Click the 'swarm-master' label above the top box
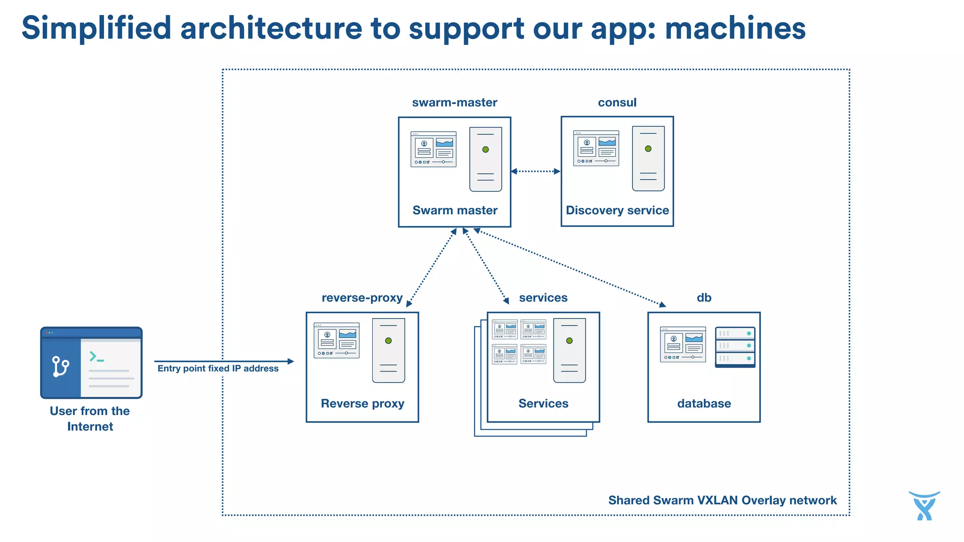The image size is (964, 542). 454,103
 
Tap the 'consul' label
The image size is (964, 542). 617,103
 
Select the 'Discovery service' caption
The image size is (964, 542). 617,210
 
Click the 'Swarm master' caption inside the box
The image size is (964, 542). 455,210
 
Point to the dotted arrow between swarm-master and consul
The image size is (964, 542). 536,171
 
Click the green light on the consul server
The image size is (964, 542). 648,149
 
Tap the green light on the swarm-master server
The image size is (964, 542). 485,150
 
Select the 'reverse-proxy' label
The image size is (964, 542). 362,298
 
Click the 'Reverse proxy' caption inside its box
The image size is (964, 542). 362,404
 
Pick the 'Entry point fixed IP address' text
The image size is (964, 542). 218,368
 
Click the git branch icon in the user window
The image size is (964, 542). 60,367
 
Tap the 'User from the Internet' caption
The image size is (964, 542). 90,418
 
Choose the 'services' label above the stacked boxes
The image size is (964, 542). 543,298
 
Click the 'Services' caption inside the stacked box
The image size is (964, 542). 543,404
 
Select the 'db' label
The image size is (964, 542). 704,298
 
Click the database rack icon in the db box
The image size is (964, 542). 735,347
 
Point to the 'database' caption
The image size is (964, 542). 704,404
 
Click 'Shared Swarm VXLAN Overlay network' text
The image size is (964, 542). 722,500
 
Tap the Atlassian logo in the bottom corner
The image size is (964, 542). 924,506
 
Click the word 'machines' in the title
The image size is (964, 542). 735,28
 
